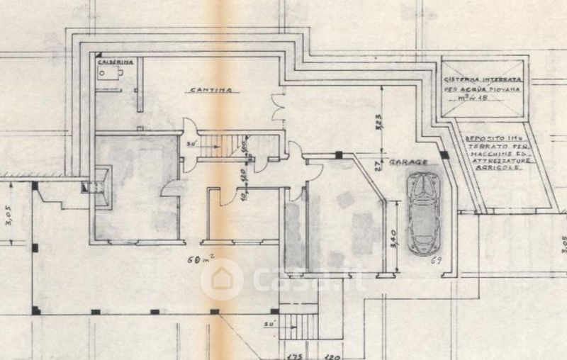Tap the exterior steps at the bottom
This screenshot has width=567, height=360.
pyautogui.click(x=299, y=326)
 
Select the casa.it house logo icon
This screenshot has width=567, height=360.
pyautogui.click(x=222, y=279)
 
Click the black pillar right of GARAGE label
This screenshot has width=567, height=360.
pyautogui.click(x=444, y=154)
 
